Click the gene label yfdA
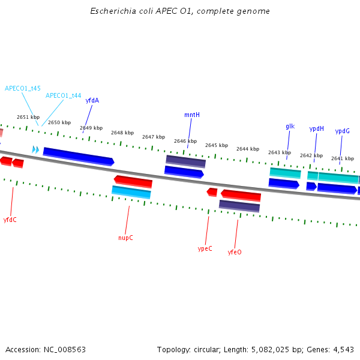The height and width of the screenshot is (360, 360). coord(92,101)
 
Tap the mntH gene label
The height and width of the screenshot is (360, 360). coord(192,115)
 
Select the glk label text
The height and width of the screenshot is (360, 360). coord(290,127)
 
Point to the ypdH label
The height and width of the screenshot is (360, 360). coord(316,128)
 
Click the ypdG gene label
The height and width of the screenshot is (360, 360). coord(342,131)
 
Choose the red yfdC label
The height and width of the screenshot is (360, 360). coord(10,220)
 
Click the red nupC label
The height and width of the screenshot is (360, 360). coord(125,238)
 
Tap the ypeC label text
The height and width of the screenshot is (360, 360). coord(205,248)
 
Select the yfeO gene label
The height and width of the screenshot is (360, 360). coord(235,252)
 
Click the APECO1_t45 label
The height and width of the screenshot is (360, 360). coord(23,88)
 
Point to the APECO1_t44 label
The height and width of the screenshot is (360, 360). coord(64,95)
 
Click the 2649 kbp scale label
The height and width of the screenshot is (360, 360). coord(91,128)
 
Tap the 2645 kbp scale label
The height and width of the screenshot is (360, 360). coord(216,145)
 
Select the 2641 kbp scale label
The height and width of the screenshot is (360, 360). coord(342,159)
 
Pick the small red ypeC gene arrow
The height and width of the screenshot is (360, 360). coord(212,192)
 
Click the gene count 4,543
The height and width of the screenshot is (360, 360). coord(343,349)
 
